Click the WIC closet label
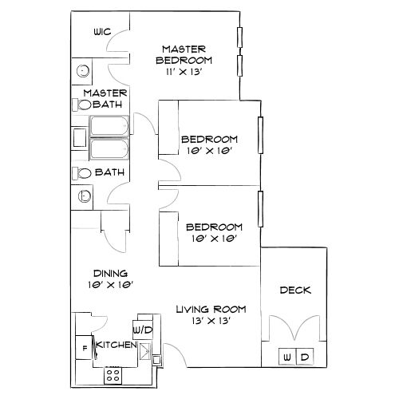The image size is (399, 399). pyautogui.click(x=101, y=34)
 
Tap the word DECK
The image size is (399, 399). pyautogui.click(x=294, y=290)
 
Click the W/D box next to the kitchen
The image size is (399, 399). pyautogui.click(x=142, y=329)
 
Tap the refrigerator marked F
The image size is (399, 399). pyautogui.click(x=82, y=348)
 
